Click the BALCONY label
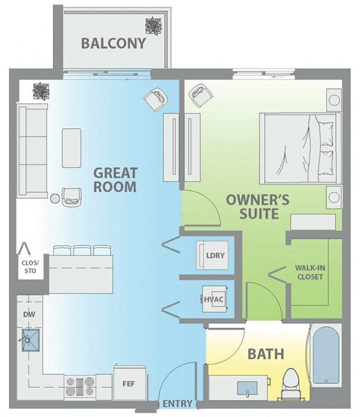[x=113, y=43]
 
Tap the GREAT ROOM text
[x=115, y=180]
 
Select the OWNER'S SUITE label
[x=253, y=207]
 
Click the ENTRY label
[x=178, y=405]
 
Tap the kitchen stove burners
[x=80, y=385]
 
